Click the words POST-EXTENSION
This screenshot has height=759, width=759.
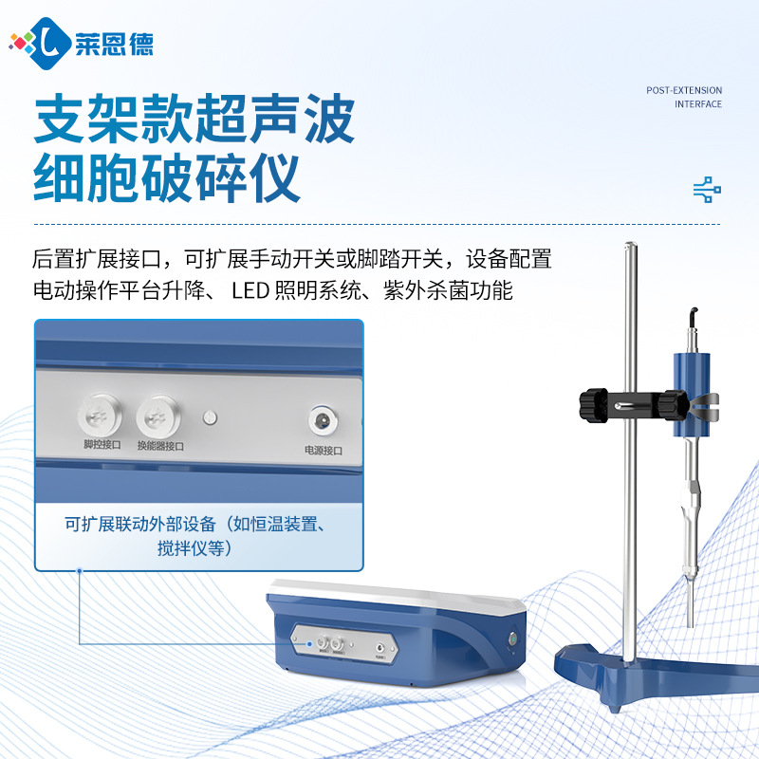[x=684, y=91]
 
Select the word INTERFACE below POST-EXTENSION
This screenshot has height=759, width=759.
[x=698, y=104]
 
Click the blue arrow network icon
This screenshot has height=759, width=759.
[x=707, y=190]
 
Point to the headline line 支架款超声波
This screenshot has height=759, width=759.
[x=194, y=120]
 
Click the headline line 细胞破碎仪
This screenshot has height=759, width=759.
[x=168, y=177]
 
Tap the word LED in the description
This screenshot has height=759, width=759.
[x=249, y=290]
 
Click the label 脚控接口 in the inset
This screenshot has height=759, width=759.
[x=102, y=444]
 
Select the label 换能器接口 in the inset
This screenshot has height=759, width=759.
[x=160, y=445]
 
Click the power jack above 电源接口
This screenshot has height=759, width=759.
[x=320, y=419]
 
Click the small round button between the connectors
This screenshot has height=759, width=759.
[x=212, y=417]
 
